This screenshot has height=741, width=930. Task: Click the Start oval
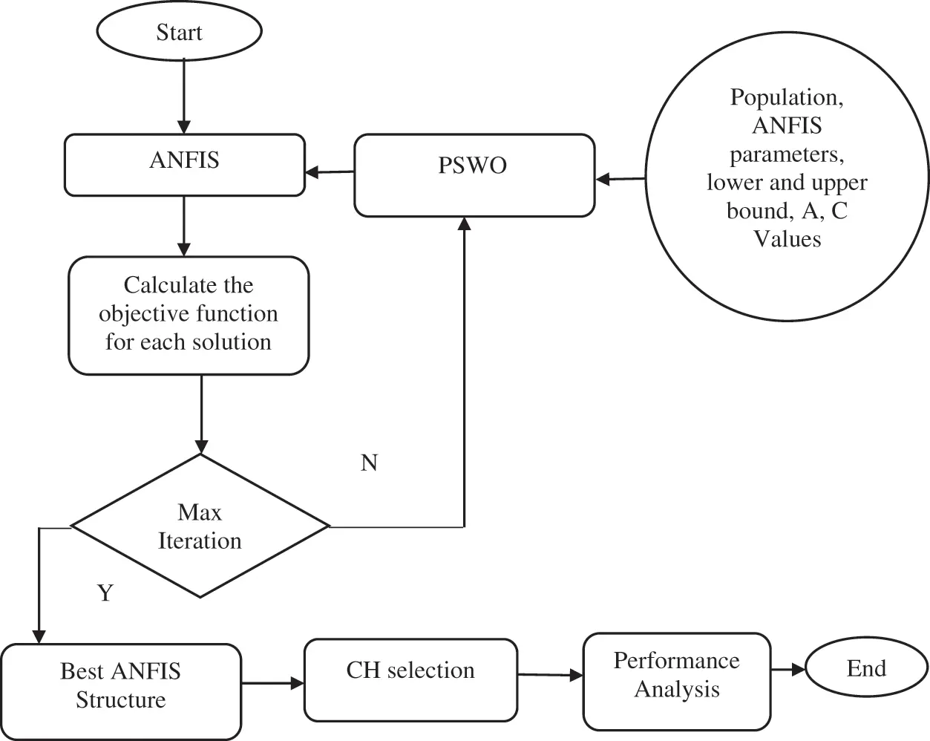(180, 31)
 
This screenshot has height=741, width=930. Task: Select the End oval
(867, 669)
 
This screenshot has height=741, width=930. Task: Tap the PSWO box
(474, 175)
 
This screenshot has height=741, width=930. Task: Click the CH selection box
(410, 680)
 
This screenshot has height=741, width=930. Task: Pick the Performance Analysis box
(677, 682)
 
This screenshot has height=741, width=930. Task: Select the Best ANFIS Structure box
(121, 692)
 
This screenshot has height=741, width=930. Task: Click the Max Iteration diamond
(200, 526)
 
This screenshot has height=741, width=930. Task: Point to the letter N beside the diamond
(369, 463)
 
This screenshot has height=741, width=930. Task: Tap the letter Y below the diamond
(105, 593)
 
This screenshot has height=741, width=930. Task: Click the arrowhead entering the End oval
(799, 670)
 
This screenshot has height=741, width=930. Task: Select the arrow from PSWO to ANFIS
(330, 172)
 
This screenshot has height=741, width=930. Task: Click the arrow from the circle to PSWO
(620, 178)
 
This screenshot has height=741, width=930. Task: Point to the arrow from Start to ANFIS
(184, 97)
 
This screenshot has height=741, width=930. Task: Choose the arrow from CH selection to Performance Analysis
(550, 674)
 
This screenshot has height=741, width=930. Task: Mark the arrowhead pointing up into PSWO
(464, 223)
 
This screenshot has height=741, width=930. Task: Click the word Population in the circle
(787, 98)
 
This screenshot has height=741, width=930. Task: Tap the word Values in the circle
(787, 238)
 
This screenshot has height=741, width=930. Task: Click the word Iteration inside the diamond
(200, 541)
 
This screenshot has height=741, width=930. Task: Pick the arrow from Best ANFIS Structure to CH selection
(272, 684)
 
